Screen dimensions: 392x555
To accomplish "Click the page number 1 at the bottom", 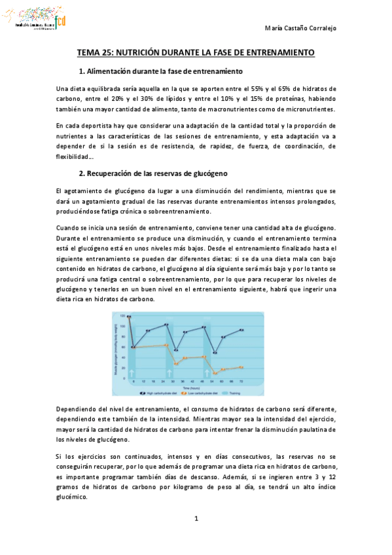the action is point(196,519).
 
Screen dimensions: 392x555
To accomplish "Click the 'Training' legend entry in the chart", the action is point(235,393).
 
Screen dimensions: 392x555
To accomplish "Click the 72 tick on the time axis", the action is point(243,380).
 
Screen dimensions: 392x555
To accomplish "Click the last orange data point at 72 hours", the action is point(242,367).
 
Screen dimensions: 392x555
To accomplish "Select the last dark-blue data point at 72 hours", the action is point(242,330).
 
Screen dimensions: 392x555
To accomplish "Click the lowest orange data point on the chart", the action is point(215,373).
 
